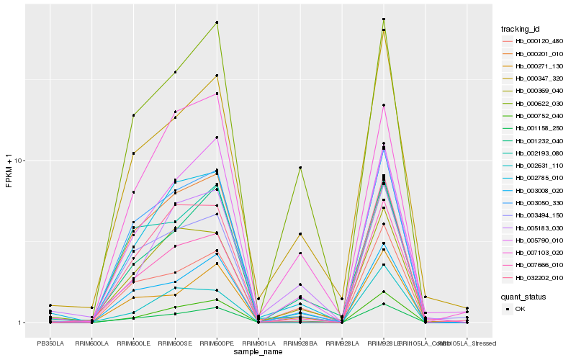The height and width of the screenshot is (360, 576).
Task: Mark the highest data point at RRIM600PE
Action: pyautogui.click(x=217, y=22)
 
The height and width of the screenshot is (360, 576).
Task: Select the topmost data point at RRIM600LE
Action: pyautogui.click(x=134, y=115)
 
